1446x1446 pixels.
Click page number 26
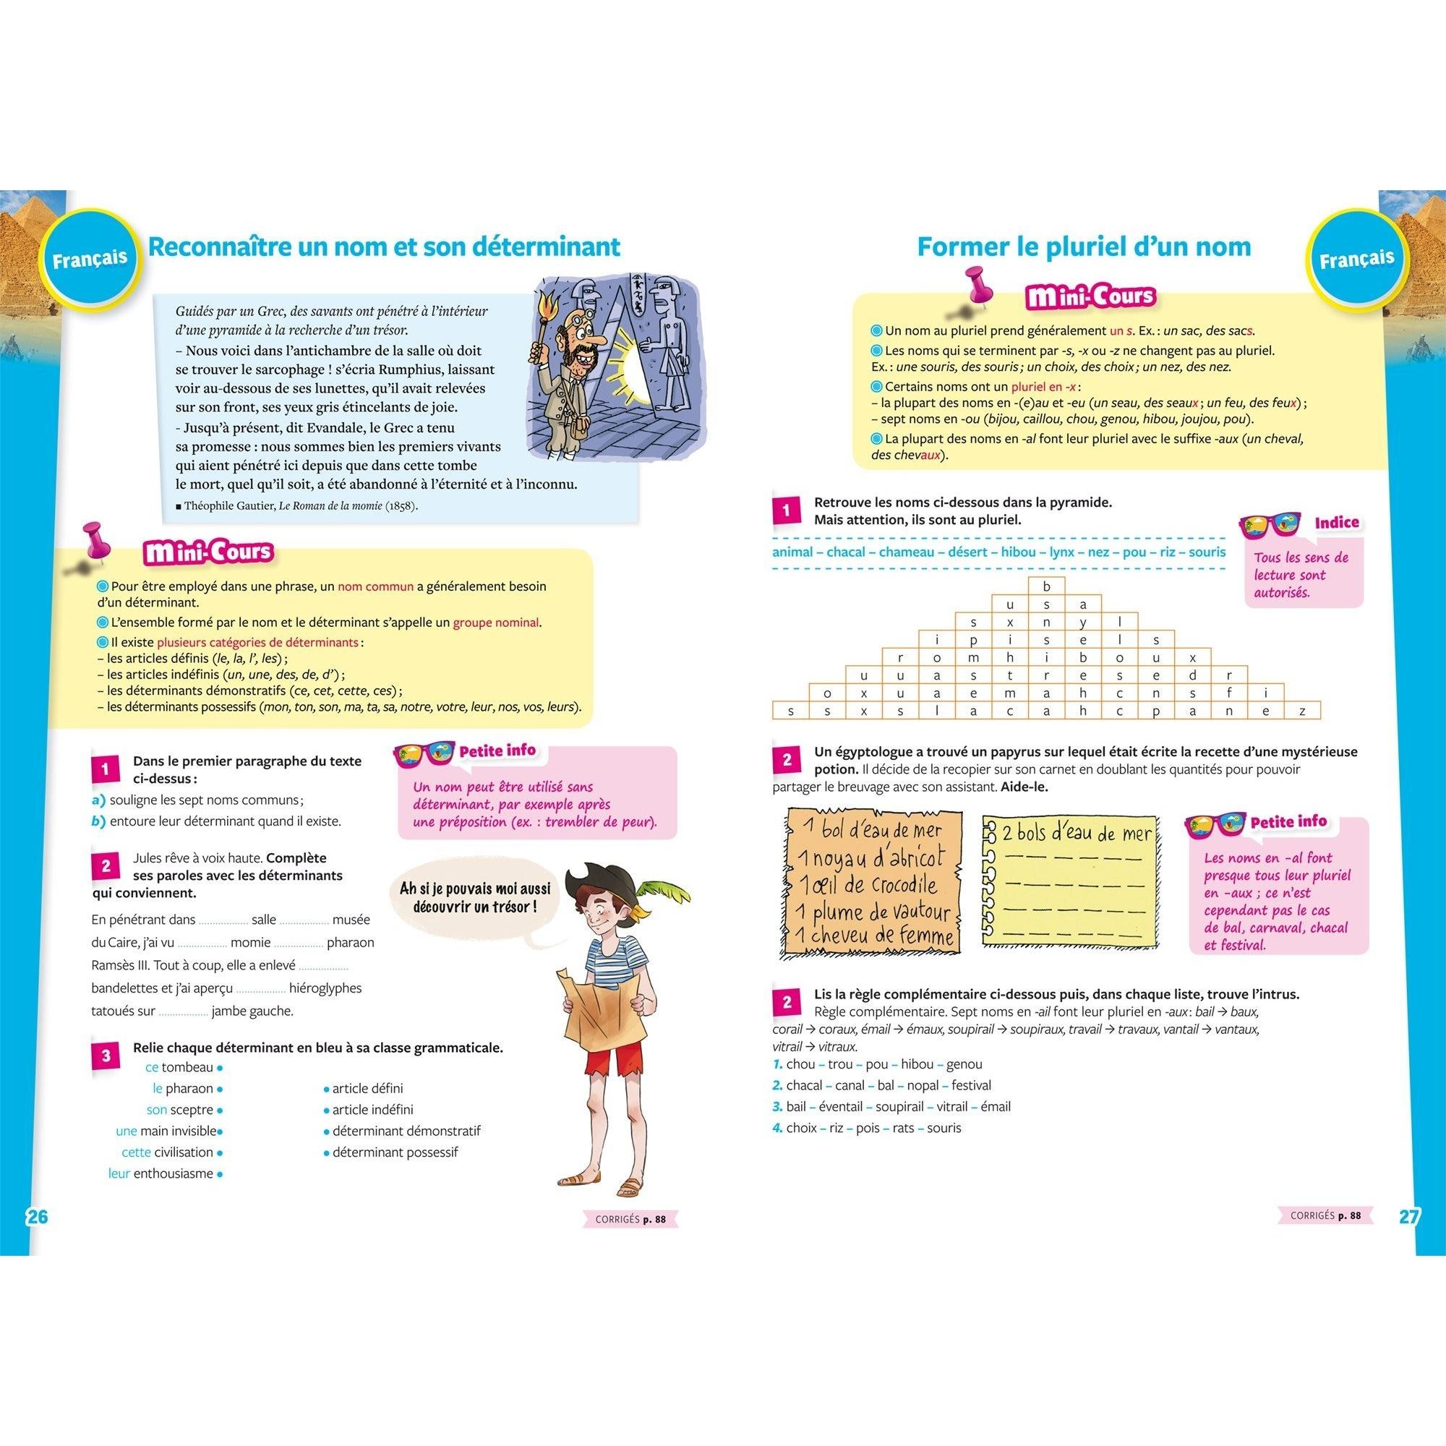coord(37,1216)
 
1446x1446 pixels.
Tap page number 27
coord(1408,1216)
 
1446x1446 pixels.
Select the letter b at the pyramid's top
coord(1047,586)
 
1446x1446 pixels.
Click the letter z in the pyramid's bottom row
coord(1302,711)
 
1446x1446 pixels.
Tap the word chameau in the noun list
coord(907,552)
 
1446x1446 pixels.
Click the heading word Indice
coord(1337,523)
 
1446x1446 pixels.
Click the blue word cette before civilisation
coord(136,1152)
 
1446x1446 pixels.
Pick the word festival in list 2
coord(972,1085)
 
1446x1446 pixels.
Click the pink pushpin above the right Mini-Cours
coord(976,284)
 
